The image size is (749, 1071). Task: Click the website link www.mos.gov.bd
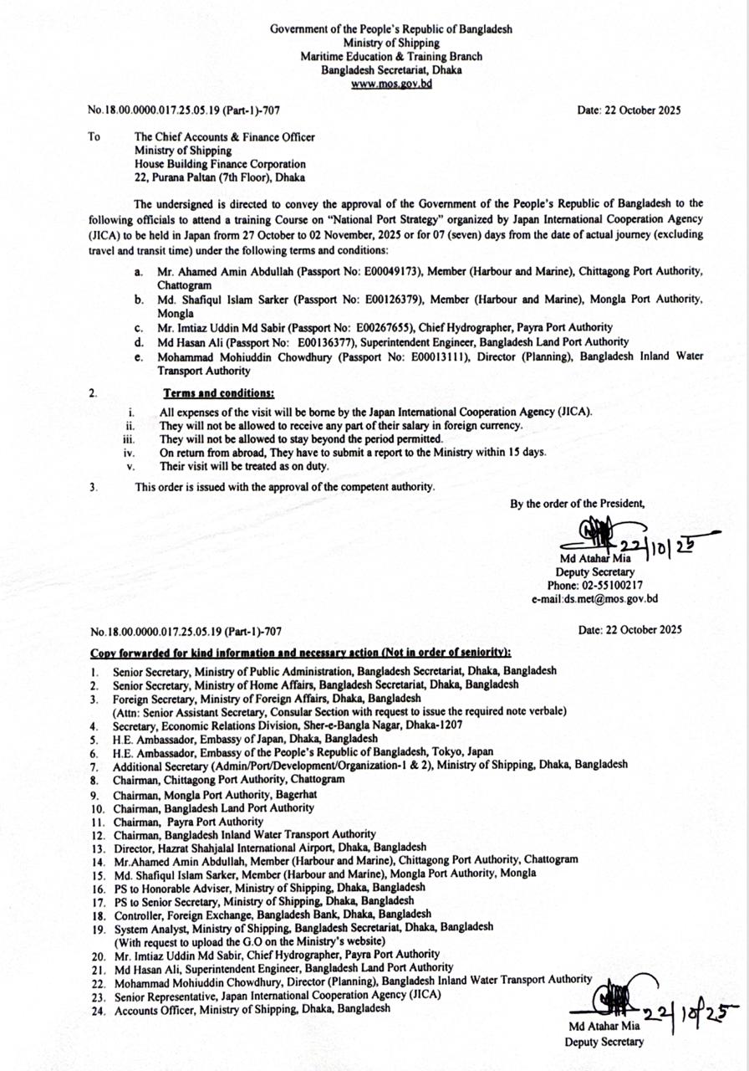(x=391, y=84)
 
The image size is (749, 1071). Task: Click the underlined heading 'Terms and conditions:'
(x=218, y=392)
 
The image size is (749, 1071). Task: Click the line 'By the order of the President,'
(x=578, y=504)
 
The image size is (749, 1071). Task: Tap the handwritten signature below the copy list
(x=608, y=1002)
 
